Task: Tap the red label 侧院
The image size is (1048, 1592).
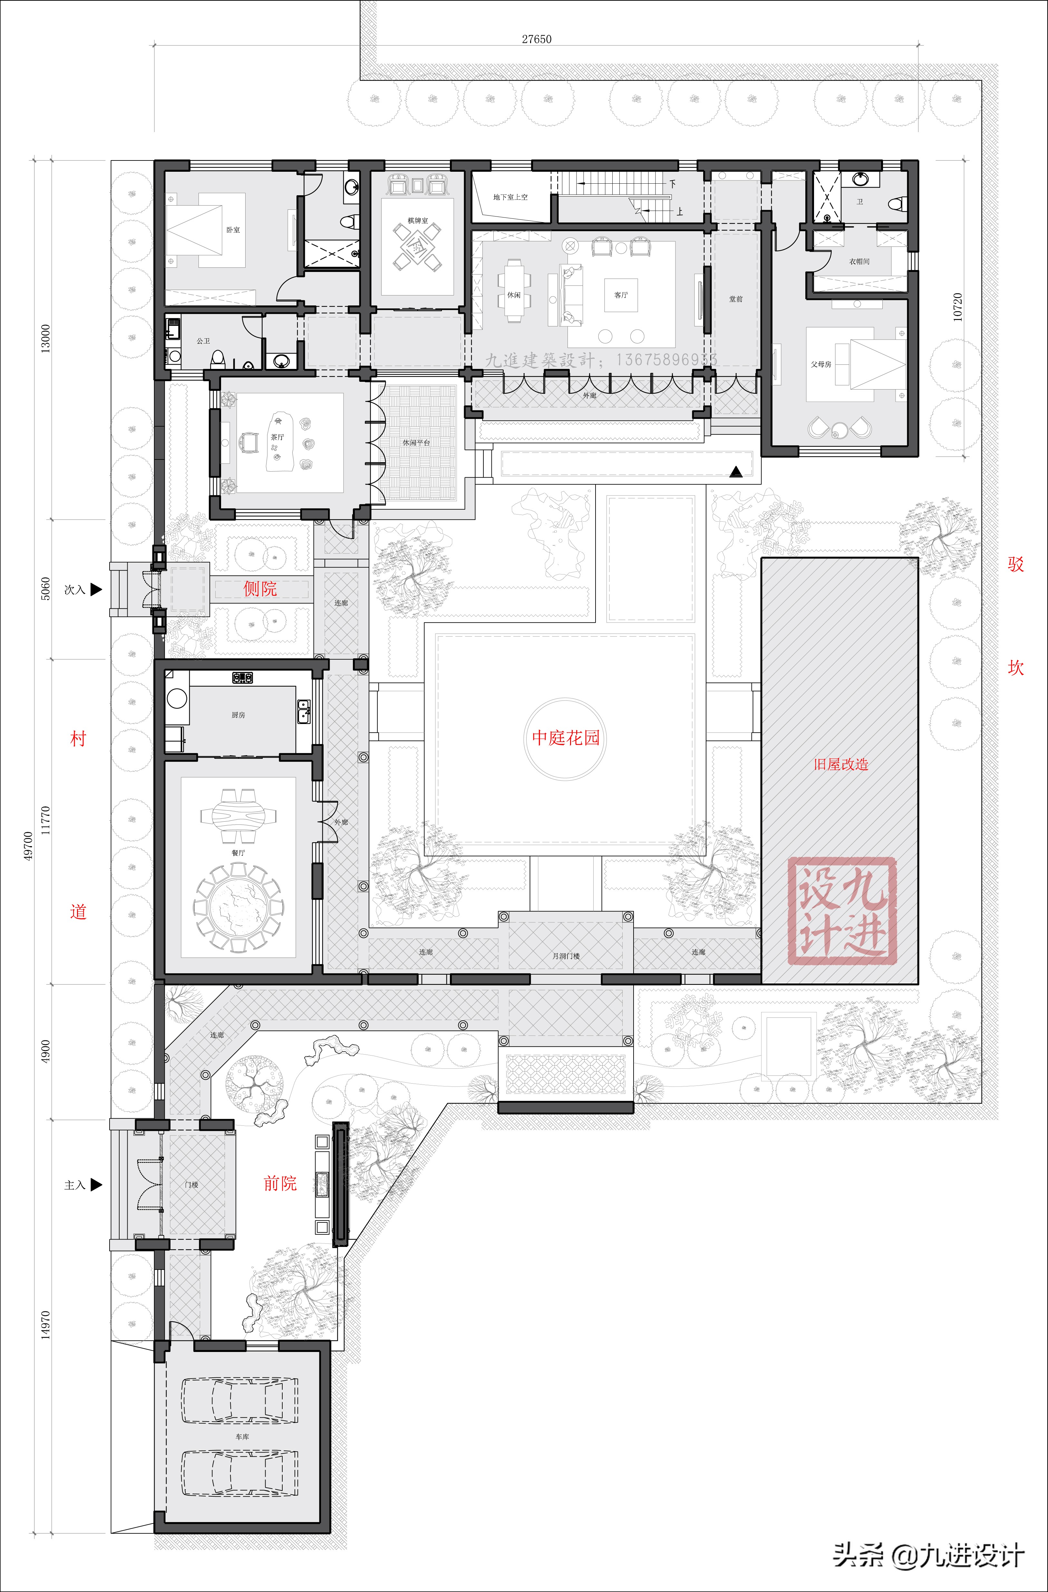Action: (x=260, y=589)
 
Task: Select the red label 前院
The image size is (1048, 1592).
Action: (x=280, y=1183)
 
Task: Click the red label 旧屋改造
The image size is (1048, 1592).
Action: (x=840, y=764)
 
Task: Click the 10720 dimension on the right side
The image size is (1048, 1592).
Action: (x=958, y=307)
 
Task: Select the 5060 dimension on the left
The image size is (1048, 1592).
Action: (x=45, y=589)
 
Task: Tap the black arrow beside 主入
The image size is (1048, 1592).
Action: (x=96, y=1185)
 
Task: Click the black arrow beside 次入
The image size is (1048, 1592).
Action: (x=96, y=589)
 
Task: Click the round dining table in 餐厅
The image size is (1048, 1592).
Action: (x=238, y=907)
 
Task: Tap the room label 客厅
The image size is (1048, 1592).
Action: (x=621, y=295)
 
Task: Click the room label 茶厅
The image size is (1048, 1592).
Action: (x=277, y=437)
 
